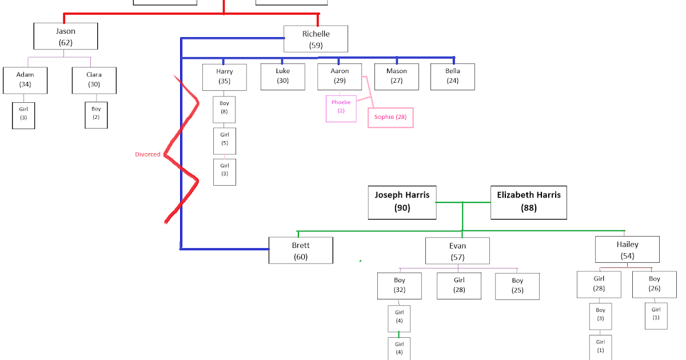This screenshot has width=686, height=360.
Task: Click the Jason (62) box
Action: click(66, 36)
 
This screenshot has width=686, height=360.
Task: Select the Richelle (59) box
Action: click(316, 39)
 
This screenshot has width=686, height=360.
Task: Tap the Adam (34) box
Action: click(25, 80)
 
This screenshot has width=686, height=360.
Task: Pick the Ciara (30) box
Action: click(94, 80)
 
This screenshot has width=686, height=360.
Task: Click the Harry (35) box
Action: click(225, 77)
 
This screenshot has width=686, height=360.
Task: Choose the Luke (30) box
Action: click(282, 76)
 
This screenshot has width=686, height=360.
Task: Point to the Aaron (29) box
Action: click(340, 76)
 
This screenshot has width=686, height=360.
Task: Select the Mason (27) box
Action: click(397, 76)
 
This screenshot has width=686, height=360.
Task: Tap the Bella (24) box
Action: click(453, 76)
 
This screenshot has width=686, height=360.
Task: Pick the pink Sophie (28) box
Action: click(390, 117)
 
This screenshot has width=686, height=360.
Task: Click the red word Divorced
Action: click(147, 154)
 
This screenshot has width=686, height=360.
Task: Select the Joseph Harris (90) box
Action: click(402, 202)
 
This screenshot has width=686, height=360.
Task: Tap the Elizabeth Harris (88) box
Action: click(529, 202)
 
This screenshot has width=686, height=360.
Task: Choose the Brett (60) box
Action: click(301, 251)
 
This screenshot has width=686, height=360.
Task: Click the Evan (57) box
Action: click(457, 251)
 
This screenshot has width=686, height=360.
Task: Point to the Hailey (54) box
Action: click(627, 250)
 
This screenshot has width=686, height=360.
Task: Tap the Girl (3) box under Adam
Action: click(23, 114)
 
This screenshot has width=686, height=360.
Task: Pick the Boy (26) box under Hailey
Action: click(655, 284)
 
